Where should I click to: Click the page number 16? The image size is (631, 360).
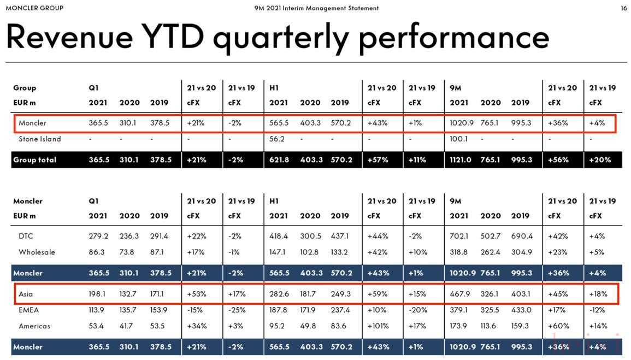click(623, 8)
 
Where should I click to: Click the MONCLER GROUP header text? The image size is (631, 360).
click(34, 8)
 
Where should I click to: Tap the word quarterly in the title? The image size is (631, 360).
click(280, 37)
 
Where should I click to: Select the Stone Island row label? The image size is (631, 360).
click(39, 139)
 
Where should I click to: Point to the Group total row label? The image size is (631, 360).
click(34, 160)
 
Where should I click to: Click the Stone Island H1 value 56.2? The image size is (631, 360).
click(278, 139)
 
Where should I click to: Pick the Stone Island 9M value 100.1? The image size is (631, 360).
click(459, 139)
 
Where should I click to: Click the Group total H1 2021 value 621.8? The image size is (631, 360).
click(279, 160)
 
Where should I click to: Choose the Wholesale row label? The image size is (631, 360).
click(37, 252)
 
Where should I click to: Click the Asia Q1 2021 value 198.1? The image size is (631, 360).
click(98, 294)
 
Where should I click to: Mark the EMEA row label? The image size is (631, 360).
click(28, 310)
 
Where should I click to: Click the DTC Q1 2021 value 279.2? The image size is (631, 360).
click(98, 236)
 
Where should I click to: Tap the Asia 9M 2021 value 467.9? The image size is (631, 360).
click(459, 294)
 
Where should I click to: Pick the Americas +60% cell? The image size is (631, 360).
click(558, 326)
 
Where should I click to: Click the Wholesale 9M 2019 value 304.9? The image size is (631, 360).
click(521, 252)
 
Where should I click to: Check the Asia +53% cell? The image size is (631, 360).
click(196, 294)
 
